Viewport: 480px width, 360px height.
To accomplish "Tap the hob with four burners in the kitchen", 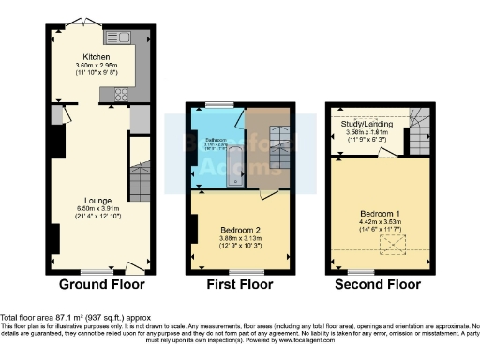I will pos(122,93).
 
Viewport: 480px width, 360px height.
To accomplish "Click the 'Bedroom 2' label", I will pos(240,230).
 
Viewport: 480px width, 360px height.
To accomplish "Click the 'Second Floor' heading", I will pos(380,284).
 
